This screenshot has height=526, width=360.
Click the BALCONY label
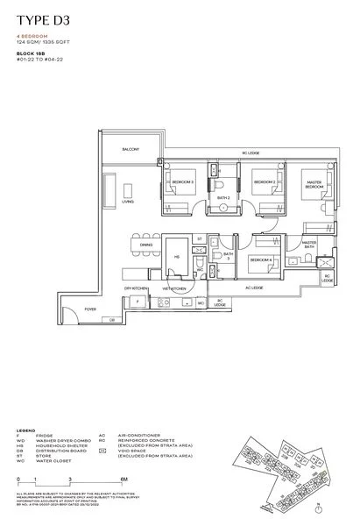click(131, 151)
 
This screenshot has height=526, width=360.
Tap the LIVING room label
click(128, 202)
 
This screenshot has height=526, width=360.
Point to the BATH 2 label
click(223, 198)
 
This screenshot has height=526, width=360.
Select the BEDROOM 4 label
click(260, 260)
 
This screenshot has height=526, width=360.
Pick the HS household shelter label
click(176, 257)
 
